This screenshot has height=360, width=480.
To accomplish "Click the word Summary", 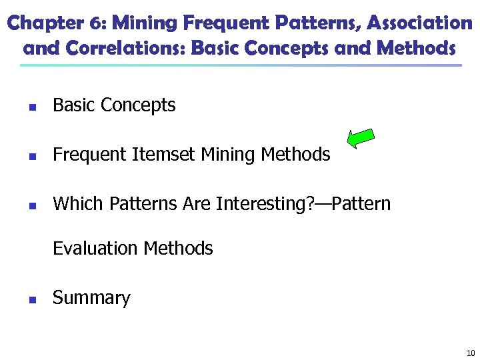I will [x=91, y=298].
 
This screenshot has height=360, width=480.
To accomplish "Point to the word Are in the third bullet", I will [x=197, y=204].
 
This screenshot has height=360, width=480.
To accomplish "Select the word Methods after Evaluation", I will [x=178, y=249].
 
